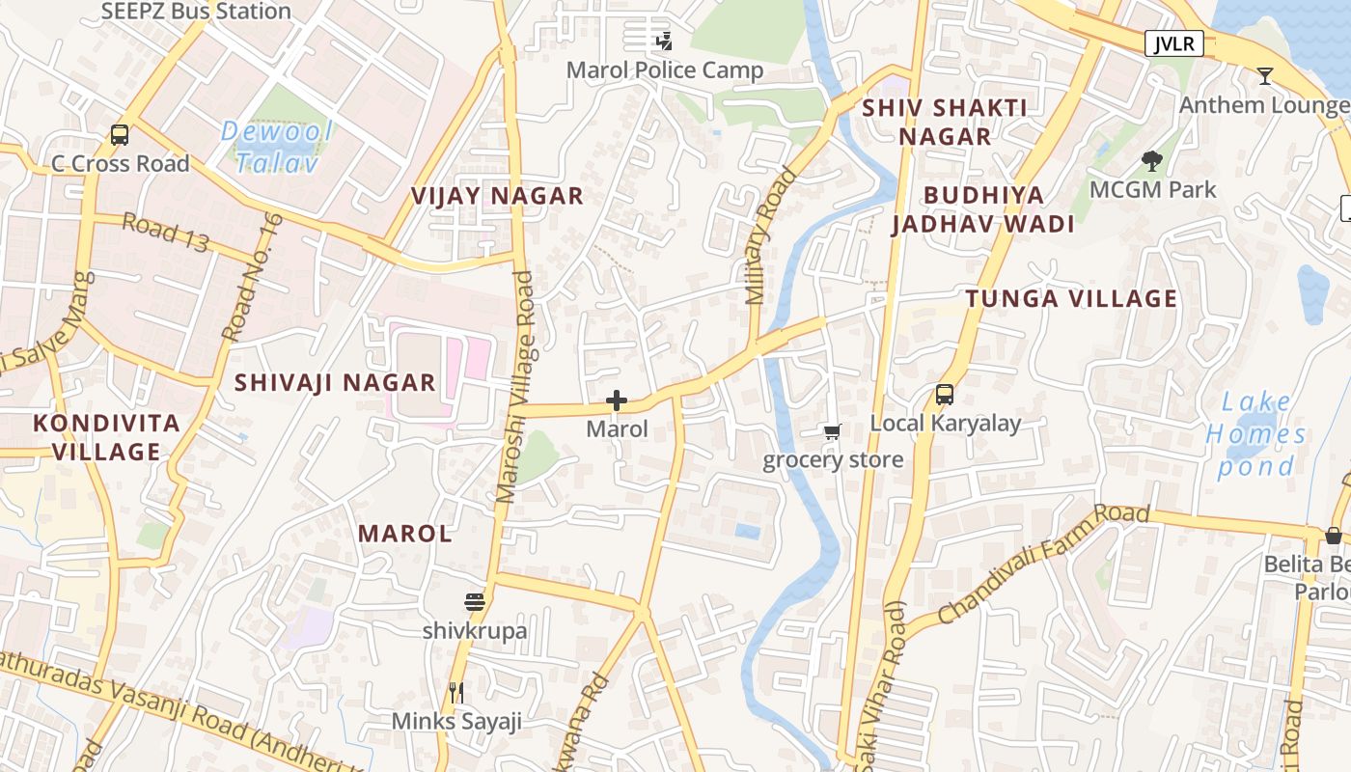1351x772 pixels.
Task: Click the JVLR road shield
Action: pyautogui.click(x=1174, y=43)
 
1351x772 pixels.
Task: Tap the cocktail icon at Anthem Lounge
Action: pyautogui.click(x=1264, y=76)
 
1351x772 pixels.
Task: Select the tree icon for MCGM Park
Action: pyautogui.click(x=1151, y=161)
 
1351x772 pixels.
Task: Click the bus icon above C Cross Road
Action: pyautogui.click(x=120, y=135)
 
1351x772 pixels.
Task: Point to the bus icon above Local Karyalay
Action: pyautogui.click(x=945, y=395)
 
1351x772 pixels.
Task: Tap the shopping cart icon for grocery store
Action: pyautogui.click(x=833, y=431)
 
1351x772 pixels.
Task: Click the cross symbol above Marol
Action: pyautogui.click(x=617, y=400)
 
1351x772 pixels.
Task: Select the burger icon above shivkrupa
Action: pyautogui.click(x=474, y=603)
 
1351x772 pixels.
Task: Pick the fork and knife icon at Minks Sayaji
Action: pyautogui.click(x=456, y=692)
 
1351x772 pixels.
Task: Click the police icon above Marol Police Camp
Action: pyautogui.click(x=664, y=41)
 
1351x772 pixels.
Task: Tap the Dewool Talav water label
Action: pyautogui.click(x=276, y=147)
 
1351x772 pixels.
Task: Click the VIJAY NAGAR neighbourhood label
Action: pyautogui.click(x=498, y=196)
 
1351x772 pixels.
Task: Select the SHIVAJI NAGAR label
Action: pyautogui.click(x=336, y=382)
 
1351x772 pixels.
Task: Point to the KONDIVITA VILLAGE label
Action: pyautogui.click(x=106, y=437)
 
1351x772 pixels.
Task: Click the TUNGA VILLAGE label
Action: pyautogui.click(x=1071, y=298)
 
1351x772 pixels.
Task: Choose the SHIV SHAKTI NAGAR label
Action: pyautogui.click(x=945, y=122)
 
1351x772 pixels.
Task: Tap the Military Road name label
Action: pyautogui.click(x=771, y=236)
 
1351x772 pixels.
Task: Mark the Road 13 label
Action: pyautogui.click(x=165, y=233)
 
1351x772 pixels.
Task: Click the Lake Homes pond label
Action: pyautogui.click(x=1255, y=434)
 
